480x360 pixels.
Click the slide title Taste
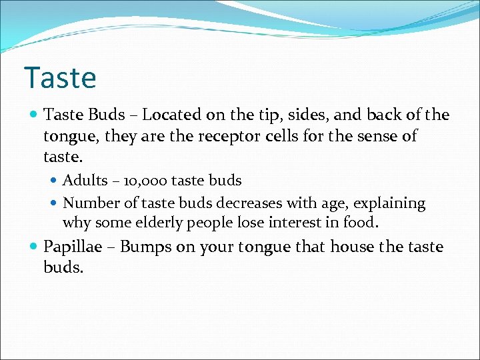(x=60, y=77)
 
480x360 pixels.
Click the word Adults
(x=85, y=180)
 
